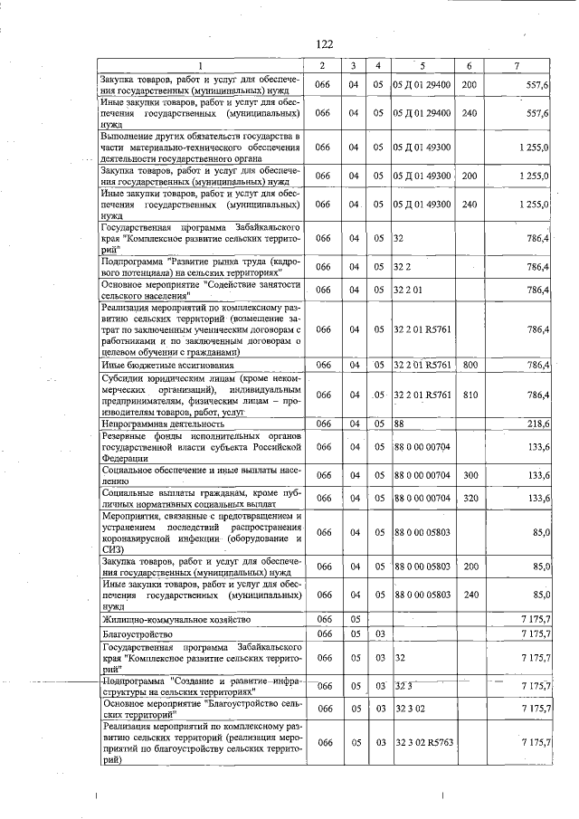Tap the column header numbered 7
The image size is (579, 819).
[516, 66]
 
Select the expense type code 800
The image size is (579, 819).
[469, 365]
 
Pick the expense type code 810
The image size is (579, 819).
[469, 395]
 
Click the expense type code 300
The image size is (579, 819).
[469, 475]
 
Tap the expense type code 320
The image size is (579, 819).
[469, 498]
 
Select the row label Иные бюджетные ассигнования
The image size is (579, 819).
[167, 365]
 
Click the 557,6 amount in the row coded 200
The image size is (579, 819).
[537, 84]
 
